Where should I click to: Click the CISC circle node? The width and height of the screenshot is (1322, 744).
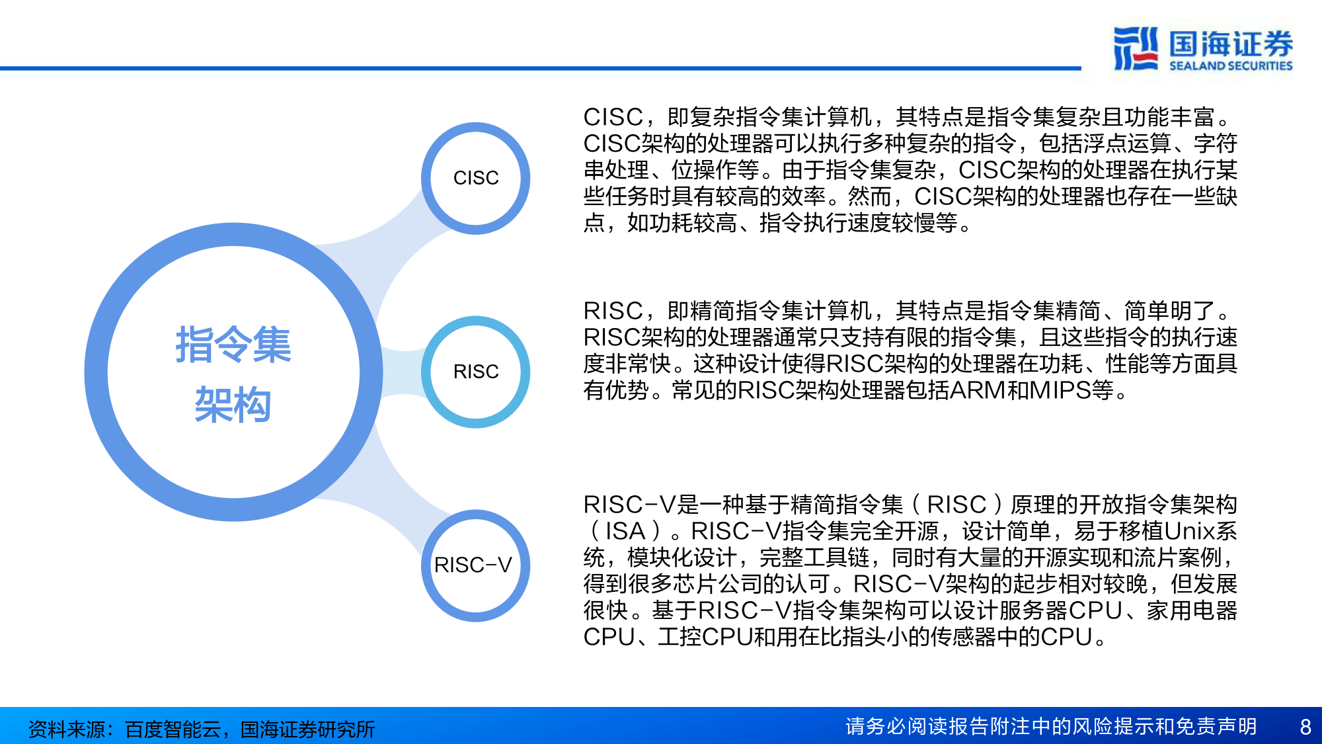475,178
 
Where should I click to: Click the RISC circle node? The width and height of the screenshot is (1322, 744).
475,372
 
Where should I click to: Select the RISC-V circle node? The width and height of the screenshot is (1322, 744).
475,565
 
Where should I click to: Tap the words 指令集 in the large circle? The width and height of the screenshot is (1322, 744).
233,345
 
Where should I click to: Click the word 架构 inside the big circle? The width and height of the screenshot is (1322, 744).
233,405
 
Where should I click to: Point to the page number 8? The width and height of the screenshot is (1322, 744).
1305,727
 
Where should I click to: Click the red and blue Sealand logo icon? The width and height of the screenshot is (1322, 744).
1135,48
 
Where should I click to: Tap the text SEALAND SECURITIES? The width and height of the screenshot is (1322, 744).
1230,66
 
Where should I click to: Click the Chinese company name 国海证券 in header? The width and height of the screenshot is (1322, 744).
1230,44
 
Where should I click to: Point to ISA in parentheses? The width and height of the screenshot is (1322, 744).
625,532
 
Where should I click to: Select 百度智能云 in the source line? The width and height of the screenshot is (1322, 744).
173,729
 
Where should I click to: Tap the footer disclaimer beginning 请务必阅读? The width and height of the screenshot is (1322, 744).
1051,727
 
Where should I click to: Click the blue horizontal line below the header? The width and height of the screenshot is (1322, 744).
529,68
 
